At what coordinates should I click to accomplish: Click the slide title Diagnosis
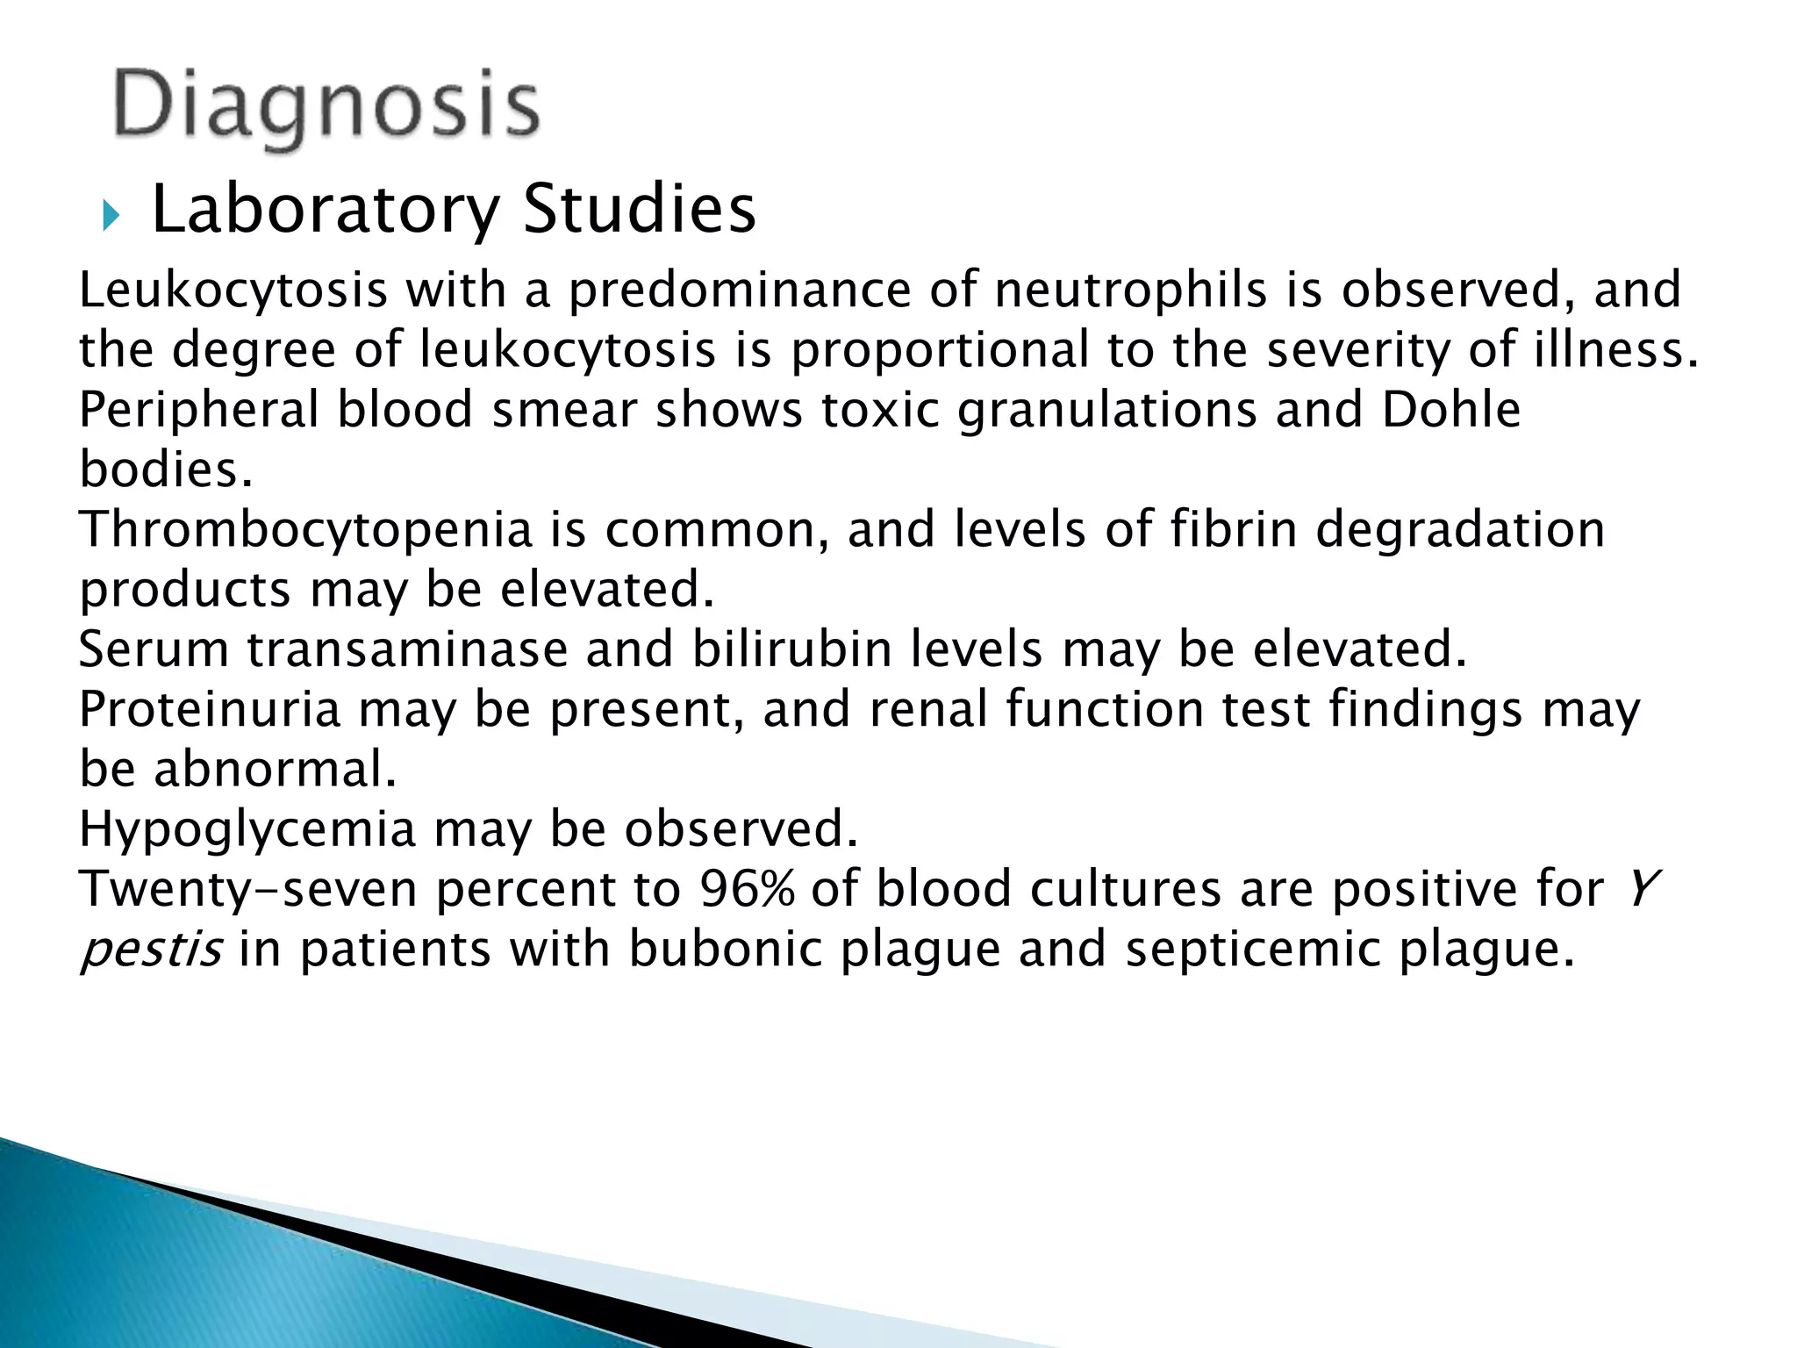click(x=326, y=110)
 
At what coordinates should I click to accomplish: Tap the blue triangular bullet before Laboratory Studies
click(x=109, y=214)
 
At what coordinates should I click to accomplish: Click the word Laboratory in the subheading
click(x=326, y=211)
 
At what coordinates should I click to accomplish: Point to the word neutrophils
click(x=1130, y=290)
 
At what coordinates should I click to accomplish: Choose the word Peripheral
click(x=198, y=410)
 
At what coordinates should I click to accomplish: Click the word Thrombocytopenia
click(x=305, y=530)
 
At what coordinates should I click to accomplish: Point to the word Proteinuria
click(x=209, y=709)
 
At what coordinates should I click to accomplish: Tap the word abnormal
click(x=275, y=770)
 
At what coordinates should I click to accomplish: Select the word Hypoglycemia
click(x=247, y=829)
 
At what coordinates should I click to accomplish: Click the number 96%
click(x=746, y=888)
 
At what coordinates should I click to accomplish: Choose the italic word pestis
click(x=150, y=950)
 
